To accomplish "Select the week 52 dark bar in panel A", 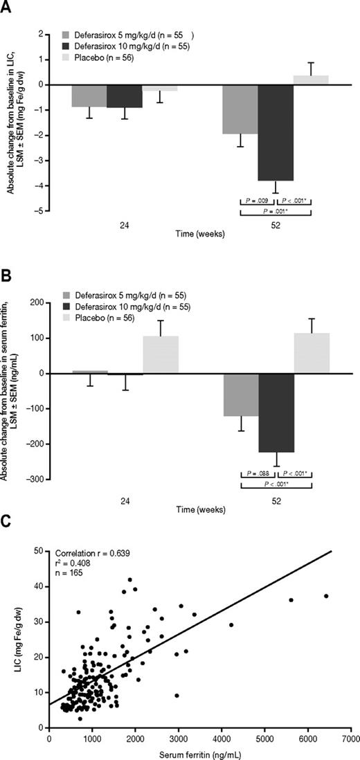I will tap(276, 132).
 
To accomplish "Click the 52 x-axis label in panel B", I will tap(276, 497).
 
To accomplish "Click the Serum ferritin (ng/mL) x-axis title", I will tap(200, 753).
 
